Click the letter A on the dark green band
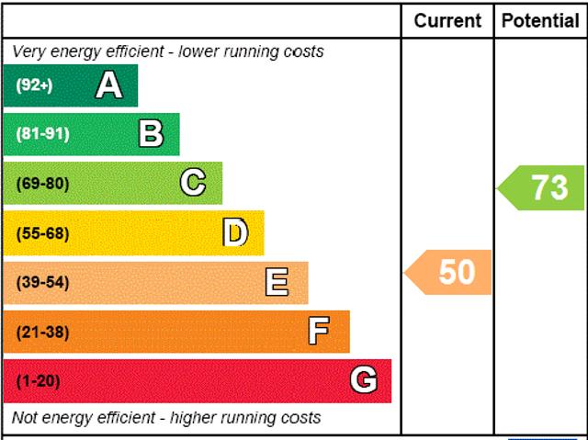108,85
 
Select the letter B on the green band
151,134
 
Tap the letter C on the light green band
193,184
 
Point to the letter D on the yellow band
236,233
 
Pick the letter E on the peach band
277,282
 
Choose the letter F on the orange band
319,332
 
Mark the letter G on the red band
364,380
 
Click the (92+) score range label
35,85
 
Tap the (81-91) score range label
42,134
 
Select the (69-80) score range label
42,184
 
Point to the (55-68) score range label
42,233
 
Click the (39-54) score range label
42,282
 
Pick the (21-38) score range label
42,332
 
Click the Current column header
447,20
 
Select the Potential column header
540,20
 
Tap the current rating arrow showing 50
449,273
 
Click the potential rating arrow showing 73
542,187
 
